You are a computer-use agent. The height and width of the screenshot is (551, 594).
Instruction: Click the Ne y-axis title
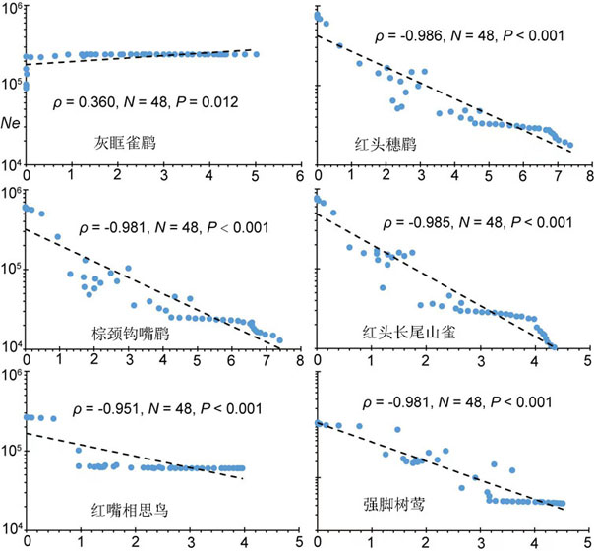point(12,122)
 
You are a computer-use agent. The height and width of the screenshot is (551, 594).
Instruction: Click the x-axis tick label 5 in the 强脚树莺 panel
point(588,542)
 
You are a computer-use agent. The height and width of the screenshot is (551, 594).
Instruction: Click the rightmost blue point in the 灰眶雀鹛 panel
point(256,54)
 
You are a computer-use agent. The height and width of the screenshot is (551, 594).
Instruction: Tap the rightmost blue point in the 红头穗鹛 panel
point(569,146)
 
